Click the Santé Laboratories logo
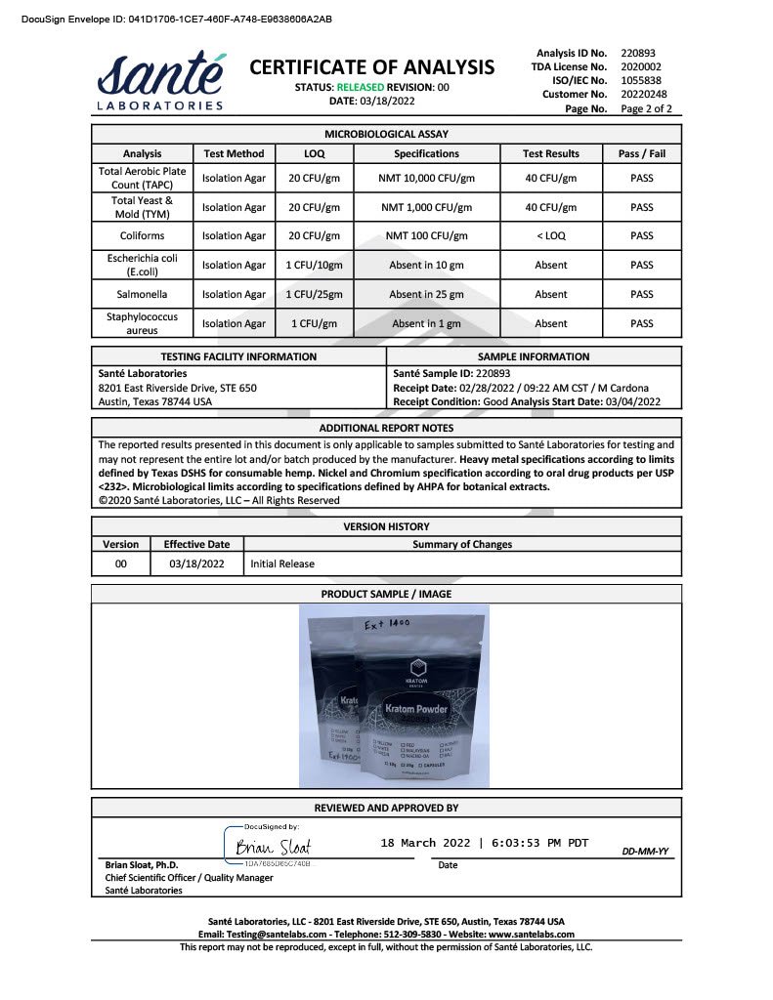pos(161,80)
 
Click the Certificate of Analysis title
pos(372,67)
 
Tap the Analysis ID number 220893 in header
pos(639,53)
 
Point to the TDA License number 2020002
pos(639,66)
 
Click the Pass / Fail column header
pos(641,153)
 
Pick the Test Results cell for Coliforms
pos(550,235)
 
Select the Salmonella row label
pos(143,294)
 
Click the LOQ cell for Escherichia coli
pos(314,265)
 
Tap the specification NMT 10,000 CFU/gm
pos(426,179)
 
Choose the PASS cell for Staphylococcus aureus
pos(641,323)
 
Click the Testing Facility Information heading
pos(238,356)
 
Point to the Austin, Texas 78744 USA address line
pos(155,401)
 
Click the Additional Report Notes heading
pos(386,428)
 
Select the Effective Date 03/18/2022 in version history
pos(196,563)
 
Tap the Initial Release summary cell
pos(282,563)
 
